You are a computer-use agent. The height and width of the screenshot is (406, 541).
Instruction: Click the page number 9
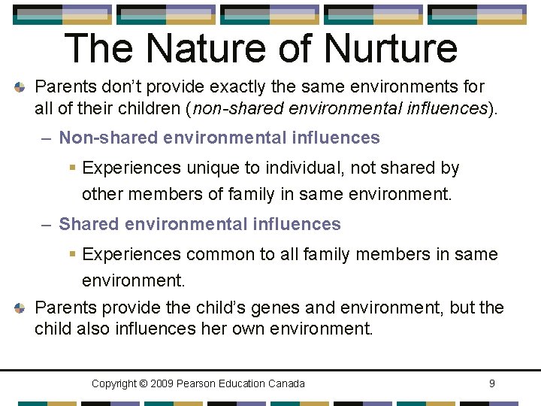pos(491,383)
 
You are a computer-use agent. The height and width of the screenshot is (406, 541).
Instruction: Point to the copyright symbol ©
pos(143,383)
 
